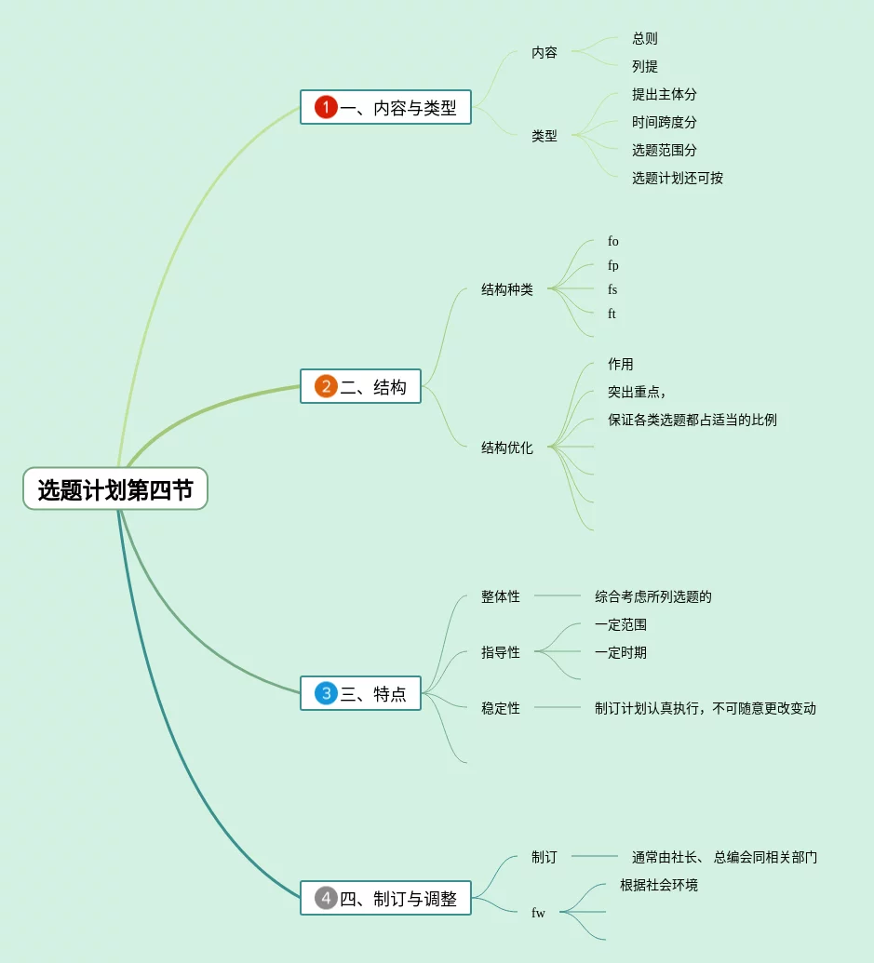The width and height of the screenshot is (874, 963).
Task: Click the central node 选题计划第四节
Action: (114, 489)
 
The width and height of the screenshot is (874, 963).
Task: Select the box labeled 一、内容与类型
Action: (385, 107)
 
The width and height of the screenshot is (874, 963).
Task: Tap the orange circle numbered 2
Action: (326, 386)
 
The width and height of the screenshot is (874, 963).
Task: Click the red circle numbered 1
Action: (326, 107)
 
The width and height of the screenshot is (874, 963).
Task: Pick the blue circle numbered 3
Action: (326, 693)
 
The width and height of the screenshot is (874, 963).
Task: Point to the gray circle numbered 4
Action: (326, 898)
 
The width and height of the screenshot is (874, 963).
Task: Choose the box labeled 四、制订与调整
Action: (385, 898)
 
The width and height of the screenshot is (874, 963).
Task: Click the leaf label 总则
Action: (645, 38)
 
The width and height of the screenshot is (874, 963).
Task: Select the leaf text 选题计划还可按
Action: (678, 178)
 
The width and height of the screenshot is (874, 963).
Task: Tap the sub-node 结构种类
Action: (507, 289)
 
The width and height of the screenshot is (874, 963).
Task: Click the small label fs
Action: (612, 289)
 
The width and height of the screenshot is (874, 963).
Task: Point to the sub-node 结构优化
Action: (507, 448)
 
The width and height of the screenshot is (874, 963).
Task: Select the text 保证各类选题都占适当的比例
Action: (692, 420)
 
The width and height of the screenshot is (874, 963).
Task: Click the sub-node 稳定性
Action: (501, 708)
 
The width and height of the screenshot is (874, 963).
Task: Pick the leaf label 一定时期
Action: (621, 652)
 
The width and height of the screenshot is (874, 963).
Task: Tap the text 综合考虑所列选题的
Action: (653, 596)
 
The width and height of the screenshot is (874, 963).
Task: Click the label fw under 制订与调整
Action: (538, 913)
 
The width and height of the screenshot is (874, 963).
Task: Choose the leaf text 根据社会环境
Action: (659, 885)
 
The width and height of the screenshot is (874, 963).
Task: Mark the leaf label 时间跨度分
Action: (665, 122)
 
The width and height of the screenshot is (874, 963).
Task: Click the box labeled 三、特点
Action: (360, 693)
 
